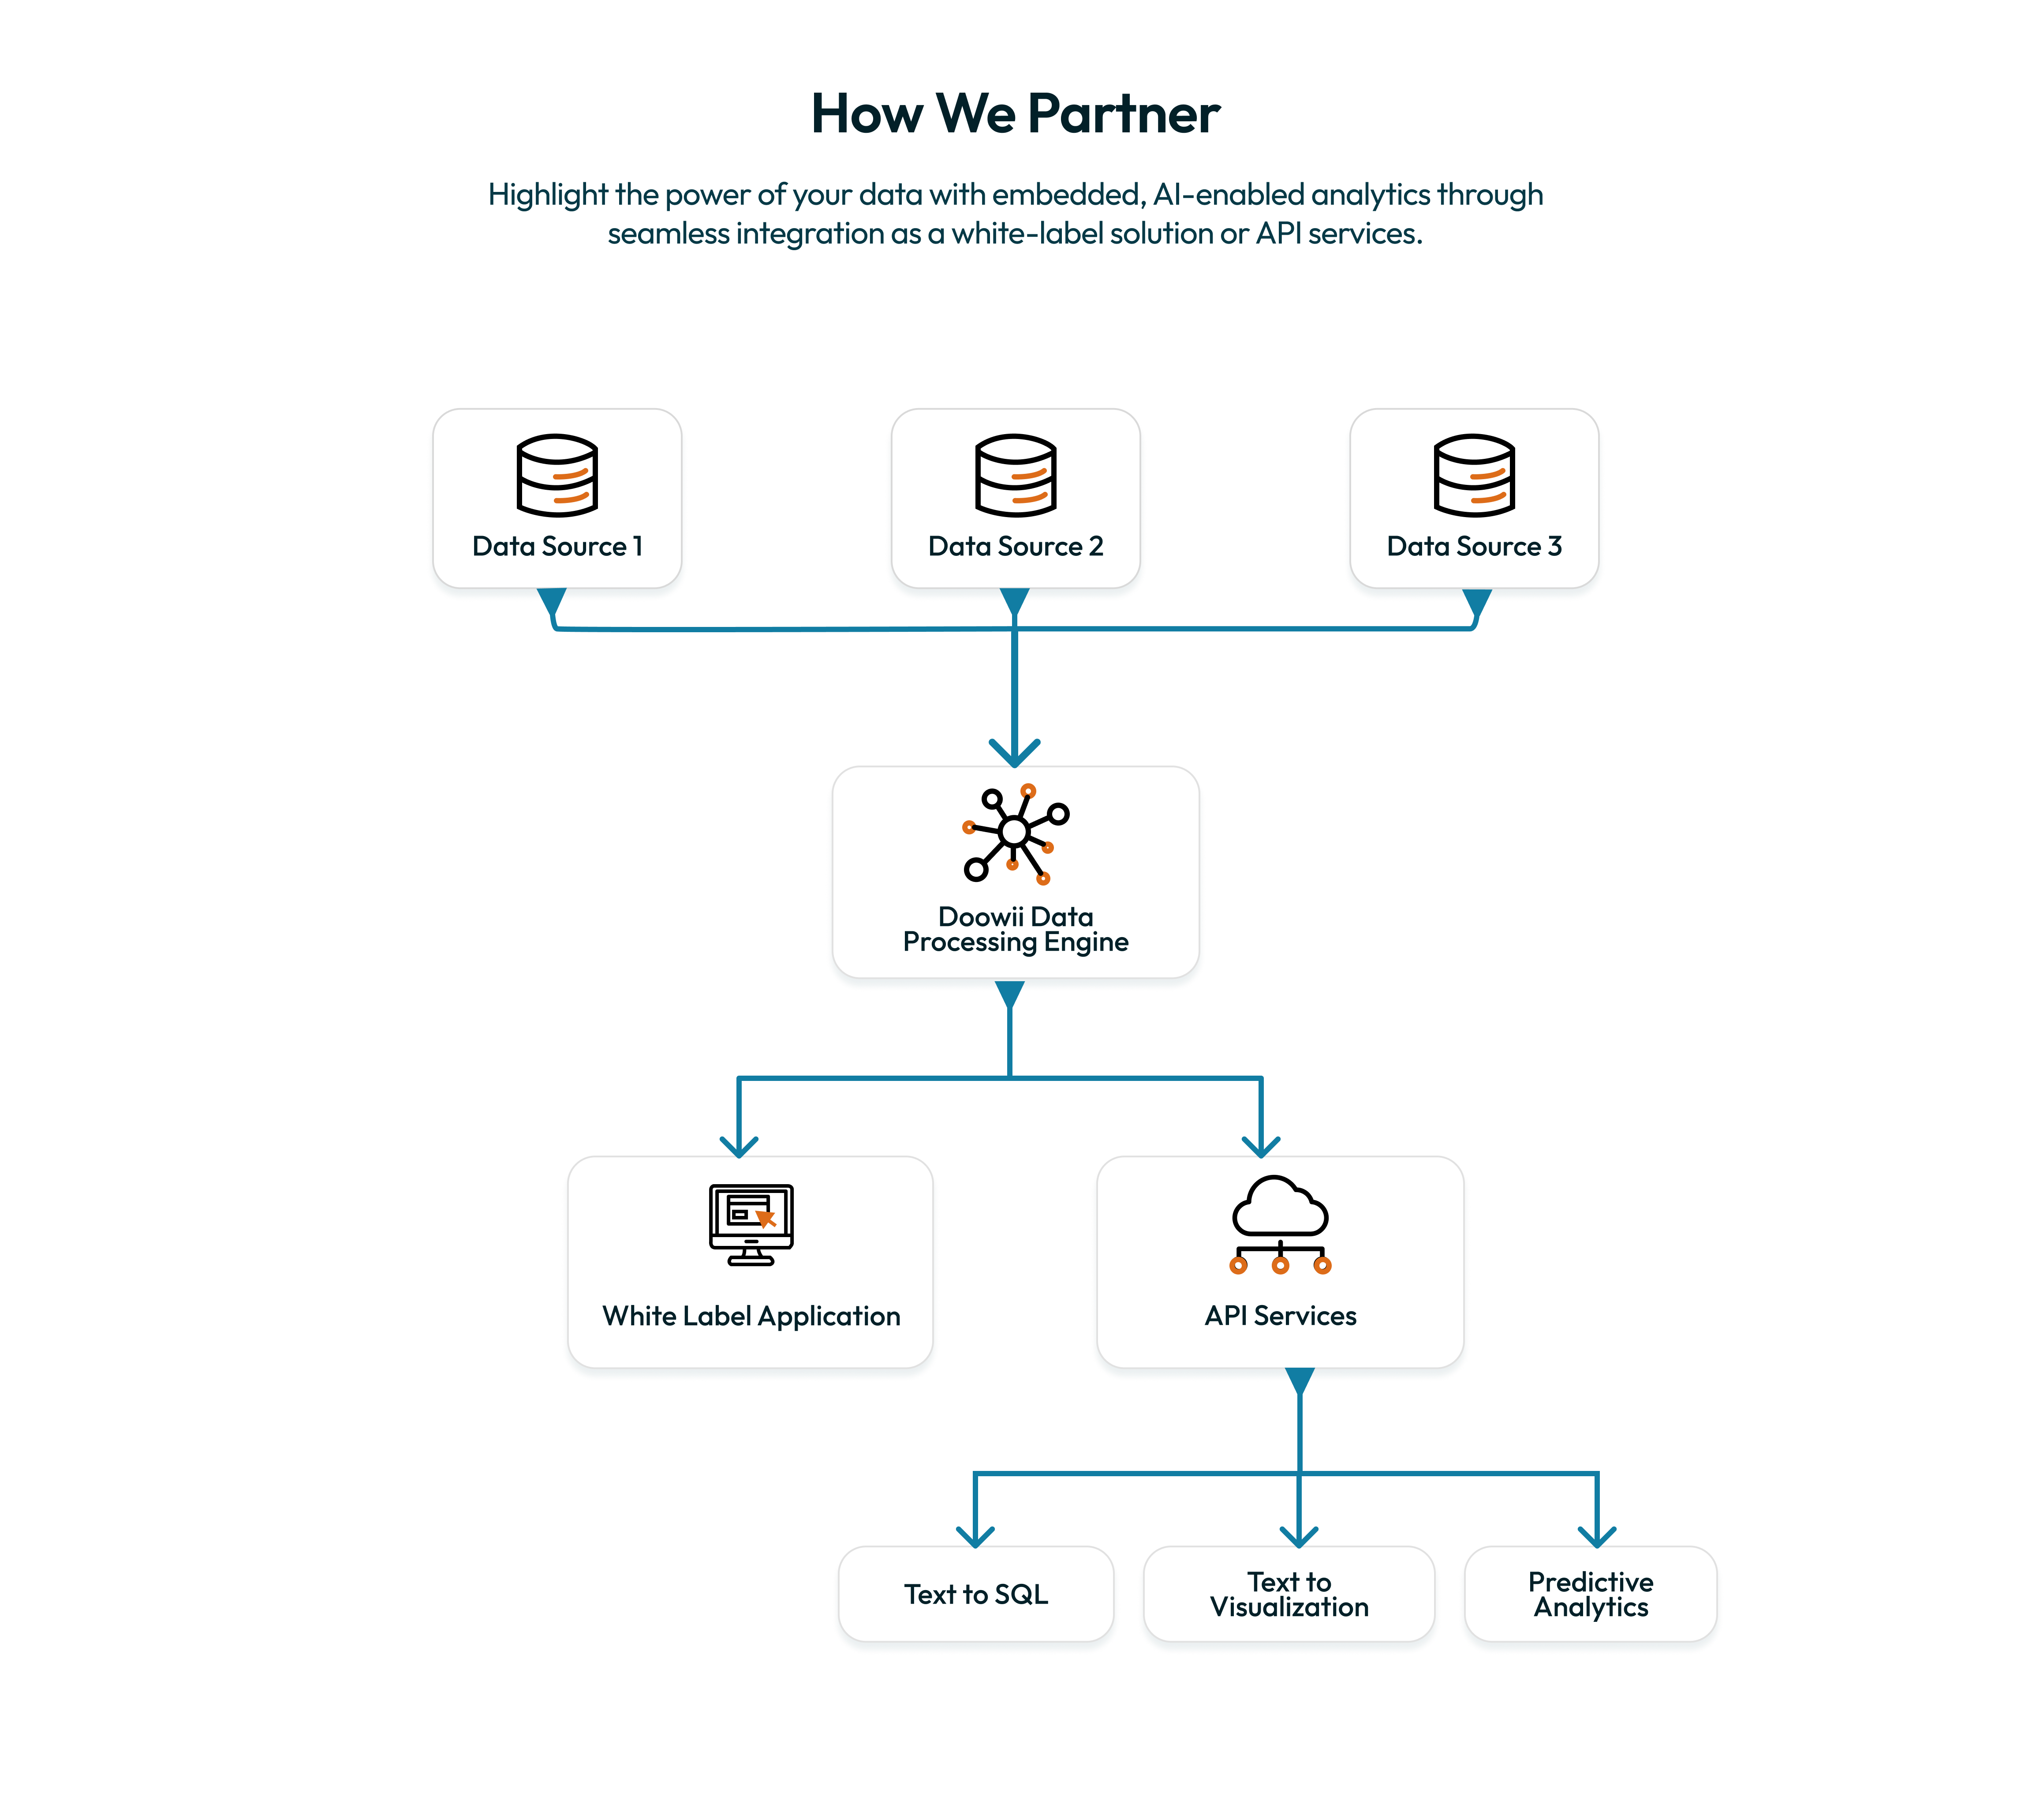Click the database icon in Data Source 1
pyautogui.click(x=557, y=475)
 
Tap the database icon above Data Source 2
pyautogui.click(x=1015, y=475)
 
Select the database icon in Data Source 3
pyautogui.click(x=1474, y=475)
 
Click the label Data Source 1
pyautogui.click(x=557, y=546)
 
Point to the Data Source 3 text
pyautogui.click(x=1474, y=546)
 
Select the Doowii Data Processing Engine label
pyautogui.click(x=1015, y=929)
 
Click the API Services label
pyautogui.click(x=1281, y=1316)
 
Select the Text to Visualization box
pyautogui.click(x=1289, y=1594)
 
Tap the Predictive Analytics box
pyautogui.click(x=1591, y=1594)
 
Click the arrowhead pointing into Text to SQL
pyautogui.click(x=975, y=1536)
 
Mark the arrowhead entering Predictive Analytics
pyautogui.click(x=1597, y=1536)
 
